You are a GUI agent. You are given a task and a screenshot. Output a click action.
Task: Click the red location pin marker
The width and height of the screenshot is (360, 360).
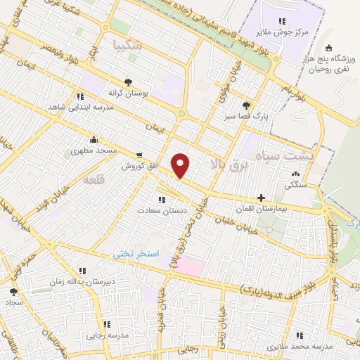pyautogui.click(x=181, y=165)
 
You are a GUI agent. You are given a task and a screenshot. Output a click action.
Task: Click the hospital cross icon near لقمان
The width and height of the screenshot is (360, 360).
pyautogui.click(x=262, y=198)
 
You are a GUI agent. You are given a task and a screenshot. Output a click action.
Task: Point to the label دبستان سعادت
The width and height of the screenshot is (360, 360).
pyautogui.click(x=162, y=211)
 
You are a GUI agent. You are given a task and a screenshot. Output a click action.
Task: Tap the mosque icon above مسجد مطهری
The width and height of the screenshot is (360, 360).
pyautogui.click(x=94, y=140)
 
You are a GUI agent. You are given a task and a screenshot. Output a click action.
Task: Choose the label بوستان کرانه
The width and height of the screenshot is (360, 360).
pyautogui.click(x=127, y=92)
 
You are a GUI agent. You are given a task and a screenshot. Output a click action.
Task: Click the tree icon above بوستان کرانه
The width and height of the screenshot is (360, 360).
pyautogui.click(x=127, y=81)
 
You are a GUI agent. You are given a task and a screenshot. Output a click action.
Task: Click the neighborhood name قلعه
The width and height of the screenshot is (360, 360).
pyautogui.click(x=93, y=181)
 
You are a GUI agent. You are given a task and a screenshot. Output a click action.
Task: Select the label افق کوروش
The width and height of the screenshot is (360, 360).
pyautogui.click(x=136, y=166)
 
